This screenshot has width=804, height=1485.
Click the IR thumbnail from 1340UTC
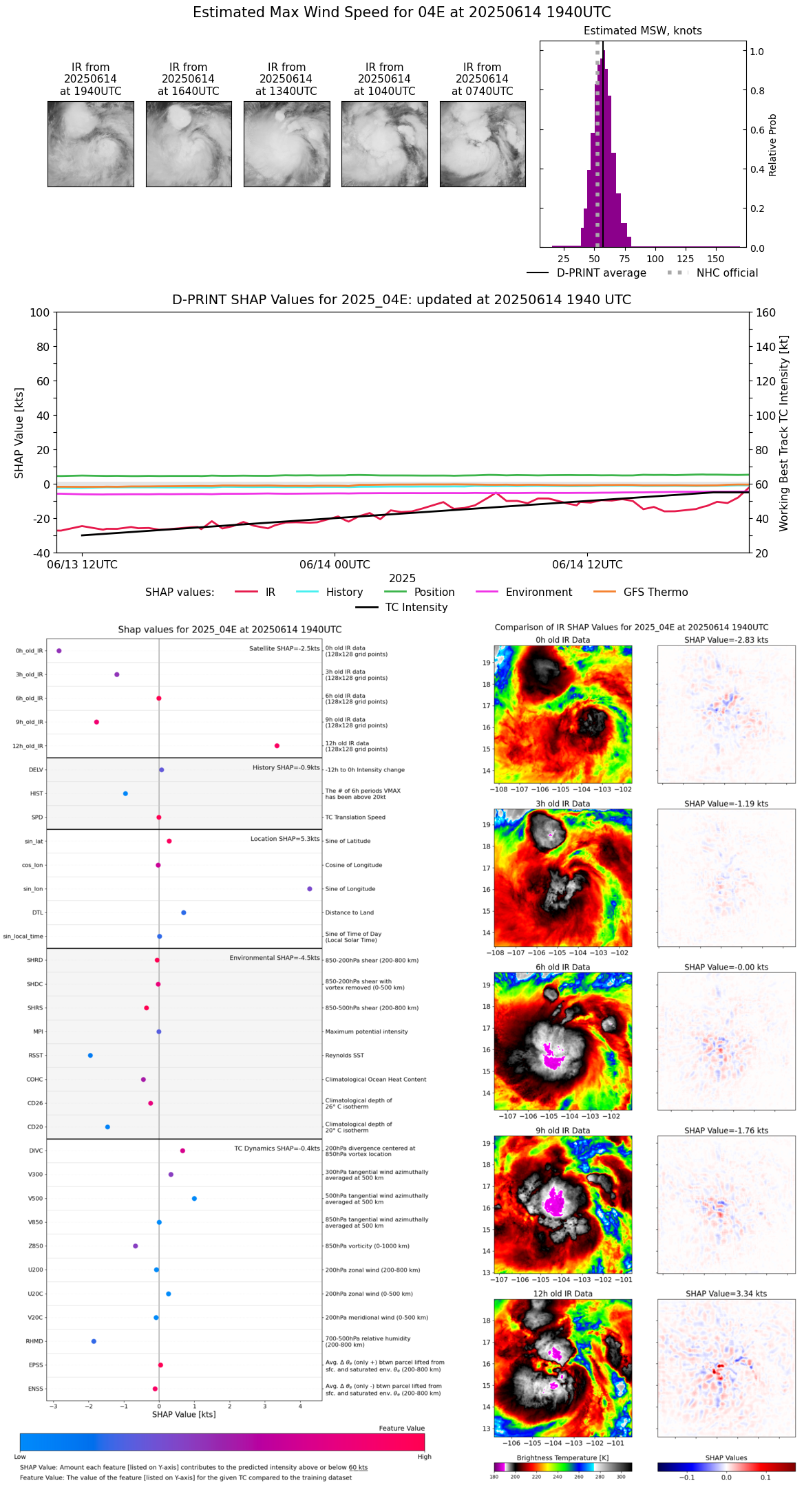coord(286,144)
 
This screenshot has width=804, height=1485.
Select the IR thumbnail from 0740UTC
coord(483,144)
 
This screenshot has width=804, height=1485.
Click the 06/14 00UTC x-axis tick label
coord(335,565)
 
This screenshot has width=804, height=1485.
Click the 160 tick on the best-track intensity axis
coord(765,313)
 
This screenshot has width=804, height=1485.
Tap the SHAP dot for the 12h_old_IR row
coord(277,746)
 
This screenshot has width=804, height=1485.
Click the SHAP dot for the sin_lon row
coord(310,889)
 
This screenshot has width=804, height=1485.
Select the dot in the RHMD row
coord(94,1341)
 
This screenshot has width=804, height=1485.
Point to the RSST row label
coord(36,1056)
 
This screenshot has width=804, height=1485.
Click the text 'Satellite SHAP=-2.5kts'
coord(284,649)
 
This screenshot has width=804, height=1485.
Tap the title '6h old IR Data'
coord(562,968)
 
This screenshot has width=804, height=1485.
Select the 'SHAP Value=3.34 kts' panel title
coord(726,1294)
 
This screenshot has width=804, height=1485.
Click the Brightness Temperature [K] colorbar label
coord(562,1457)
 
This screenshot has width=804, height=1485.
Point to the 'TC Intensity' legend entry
coord(416,608)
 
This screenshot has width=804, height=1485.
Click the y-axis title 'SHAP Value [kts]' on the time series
coord(19,433)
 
